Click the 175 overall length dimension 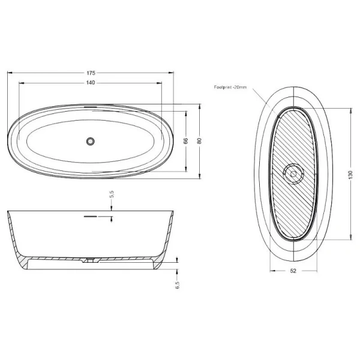(91, 73)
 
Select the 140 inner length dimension (91, 82)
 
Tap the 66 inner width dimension (186, 142)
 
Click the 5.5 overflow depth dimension (111, 194)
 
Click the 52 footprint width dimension (293, 271)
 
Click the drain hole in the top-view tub (91, 142)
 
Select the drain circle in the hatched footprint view (293, 175)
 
